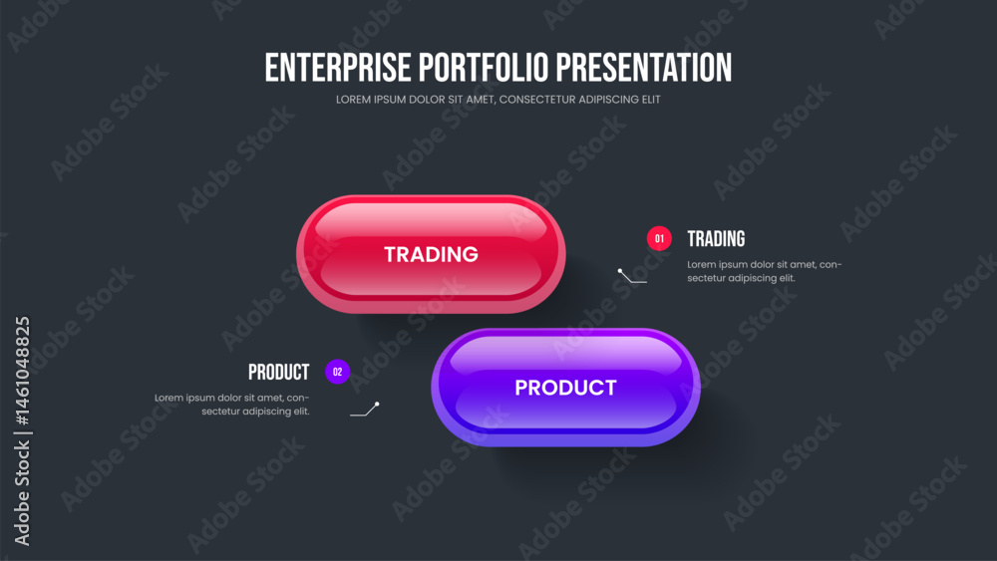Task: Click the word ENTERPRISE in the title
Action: coord(338,68)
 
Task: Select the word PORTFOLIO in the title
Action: coord(484,68)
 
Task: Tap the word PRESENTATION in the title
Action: coord(644,68)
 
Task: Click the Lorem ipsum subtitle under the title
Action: coord(498,100)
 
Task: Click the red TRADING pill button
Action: coord(431,254)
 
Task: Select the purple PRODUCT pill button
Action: coord(565,388)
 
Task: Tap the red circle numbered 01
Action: coord(659,239)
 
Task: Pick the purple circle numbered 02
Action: coord(337,372)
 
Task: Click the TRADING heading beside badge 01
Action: coord(716,239)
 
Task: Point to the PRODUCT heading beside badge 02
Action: coord(278,373)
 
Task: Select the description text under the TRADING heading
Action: coord(765,271)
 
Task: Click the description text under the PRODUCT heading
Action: coord(232,405)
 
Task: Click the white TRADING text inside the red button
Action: coord(431,254)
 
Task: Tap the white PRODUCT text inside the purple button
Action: coord(565,388)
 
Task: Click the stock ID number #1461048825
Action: coord(22,371)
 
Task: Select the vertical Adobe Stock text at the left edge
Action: coord(22,493)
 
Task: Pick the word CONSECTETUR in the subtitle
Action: coord(538,100)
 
